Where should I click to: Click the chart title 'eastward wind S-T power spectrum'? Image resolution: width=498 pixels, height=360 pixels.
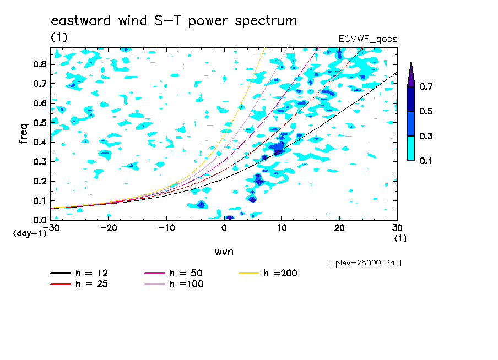174,21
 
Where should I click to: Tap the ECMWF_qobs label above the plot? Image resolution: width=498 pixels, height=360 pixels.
368,39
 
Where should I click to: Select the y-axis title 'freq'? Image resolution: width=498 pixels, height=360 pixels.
24,134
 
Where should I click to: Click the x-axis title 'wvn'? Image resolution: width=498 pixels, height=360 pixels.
224,252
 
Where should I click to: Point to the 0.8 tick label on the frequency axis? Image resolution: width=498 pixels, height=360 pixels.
40,64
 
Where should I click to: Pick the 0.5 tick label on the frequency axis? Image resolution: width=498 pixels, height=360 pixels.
40,123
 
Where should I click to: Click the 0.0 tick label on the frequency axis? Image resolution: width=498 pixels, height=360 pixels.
40,220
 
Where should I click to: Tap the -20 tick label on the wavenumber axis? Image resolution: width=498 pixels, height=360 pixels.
109,228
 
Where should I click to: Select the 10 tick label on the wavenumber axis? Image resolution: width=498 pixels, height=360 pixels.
282,228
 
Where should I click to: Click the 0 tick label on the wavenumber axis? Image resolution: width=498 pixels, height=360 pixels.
224,228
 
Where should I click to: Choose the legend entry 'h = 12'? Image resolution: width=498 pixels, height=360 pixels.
79,273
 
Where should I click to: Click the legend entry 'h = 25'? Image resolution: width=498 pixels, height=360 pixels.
79,284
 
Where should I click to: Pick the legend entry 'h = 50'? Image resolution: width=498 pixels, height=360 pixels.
174,273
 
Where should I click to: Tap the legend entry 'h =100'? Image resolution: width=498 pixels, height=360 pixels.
174,284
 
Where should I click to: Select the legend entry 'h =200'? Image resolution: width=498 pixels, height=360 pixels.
268,273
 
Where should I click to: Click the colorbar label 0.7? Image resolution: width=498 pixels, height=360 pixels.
426,86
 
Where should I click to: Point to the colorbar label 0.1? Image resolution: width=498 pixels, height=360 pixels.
426,161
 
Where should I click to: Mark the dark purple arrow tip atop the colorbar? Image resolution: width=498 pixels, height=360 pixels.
412,63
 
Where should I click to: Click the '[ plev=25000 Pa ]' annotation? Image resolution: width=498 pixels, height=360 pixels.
365,263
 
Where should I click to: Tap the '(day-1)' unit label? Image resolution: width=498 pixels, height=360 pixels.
30,233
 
